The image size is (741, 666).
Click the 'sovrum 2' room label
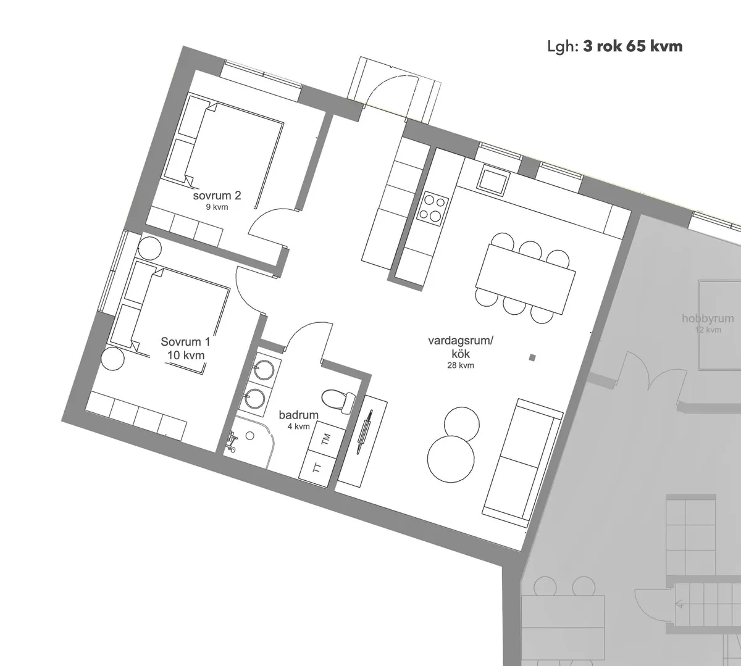[x=217, y=196]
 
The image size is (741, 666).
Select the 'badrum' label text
[x=298, y=415]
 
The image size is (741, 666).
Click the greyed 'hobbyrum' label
[x=708, y=319]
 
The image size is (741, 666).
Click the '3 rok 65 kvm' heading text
[x=632, y=46]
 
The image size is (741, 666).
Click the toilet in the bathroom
[x=337, y=400]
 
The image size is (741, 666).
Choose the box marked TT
[x=317, y=467]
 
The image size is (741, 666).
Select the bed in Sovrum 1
[x=179, y=312]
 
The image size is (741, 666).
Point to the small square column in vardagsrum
[x=532, y=357]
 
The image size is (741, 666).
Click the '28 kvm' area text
[x=461, y=365]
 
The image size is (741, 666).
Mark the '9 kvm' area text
[x=217, y=207]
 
